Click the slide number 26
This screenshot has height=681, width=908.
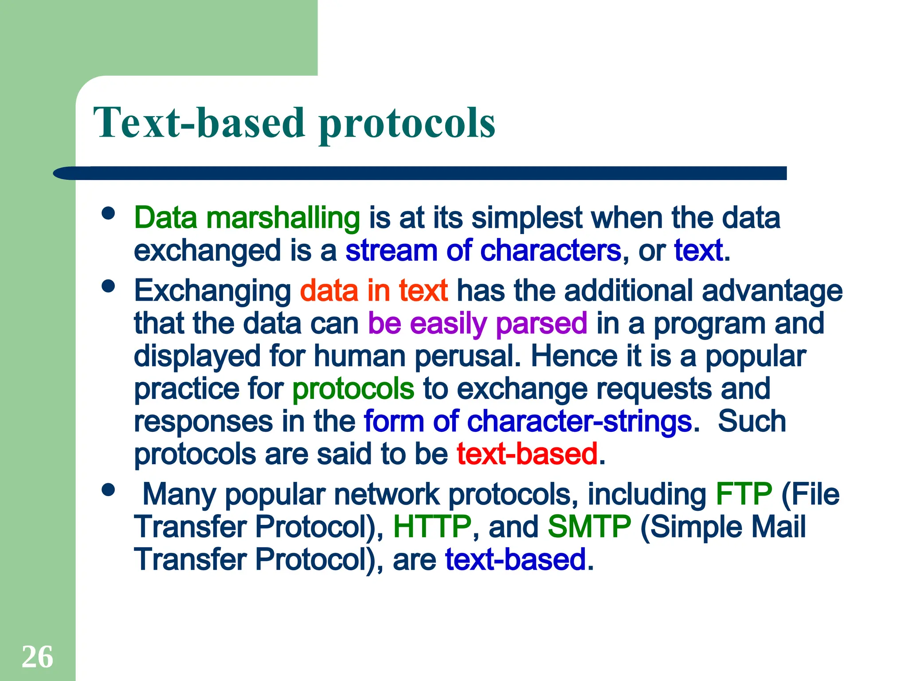[37, 657]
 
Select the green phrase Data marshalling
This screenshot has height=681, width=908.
[247, 218]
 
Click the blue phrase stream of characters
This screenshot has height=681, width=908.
[483, 251]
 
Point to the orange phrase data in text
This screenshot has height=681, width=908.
[374, 291]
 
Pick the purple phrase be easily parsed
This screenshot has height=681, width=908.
[477, 324]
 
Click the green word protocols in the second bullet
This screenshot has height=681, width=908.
[353, 389]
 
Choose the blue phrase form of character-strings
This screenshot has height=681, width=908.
[528, 421]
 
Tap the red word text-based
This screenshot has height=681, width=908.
[527, 454]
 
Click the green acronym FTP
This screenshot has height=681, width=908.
[744, 494]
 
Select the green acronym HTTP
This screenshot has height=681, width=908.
[432, 527]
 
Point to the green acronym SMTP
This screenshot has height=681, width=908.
[589, 527]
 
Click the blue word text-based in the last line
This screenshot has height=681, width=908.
[516, 560]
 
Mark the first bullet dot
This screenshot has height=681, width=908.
[108, 213]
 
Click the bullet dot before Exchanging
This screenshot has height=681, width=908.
[108, 286]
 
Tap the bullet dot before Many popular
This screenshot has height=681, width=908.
[108, 490]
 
